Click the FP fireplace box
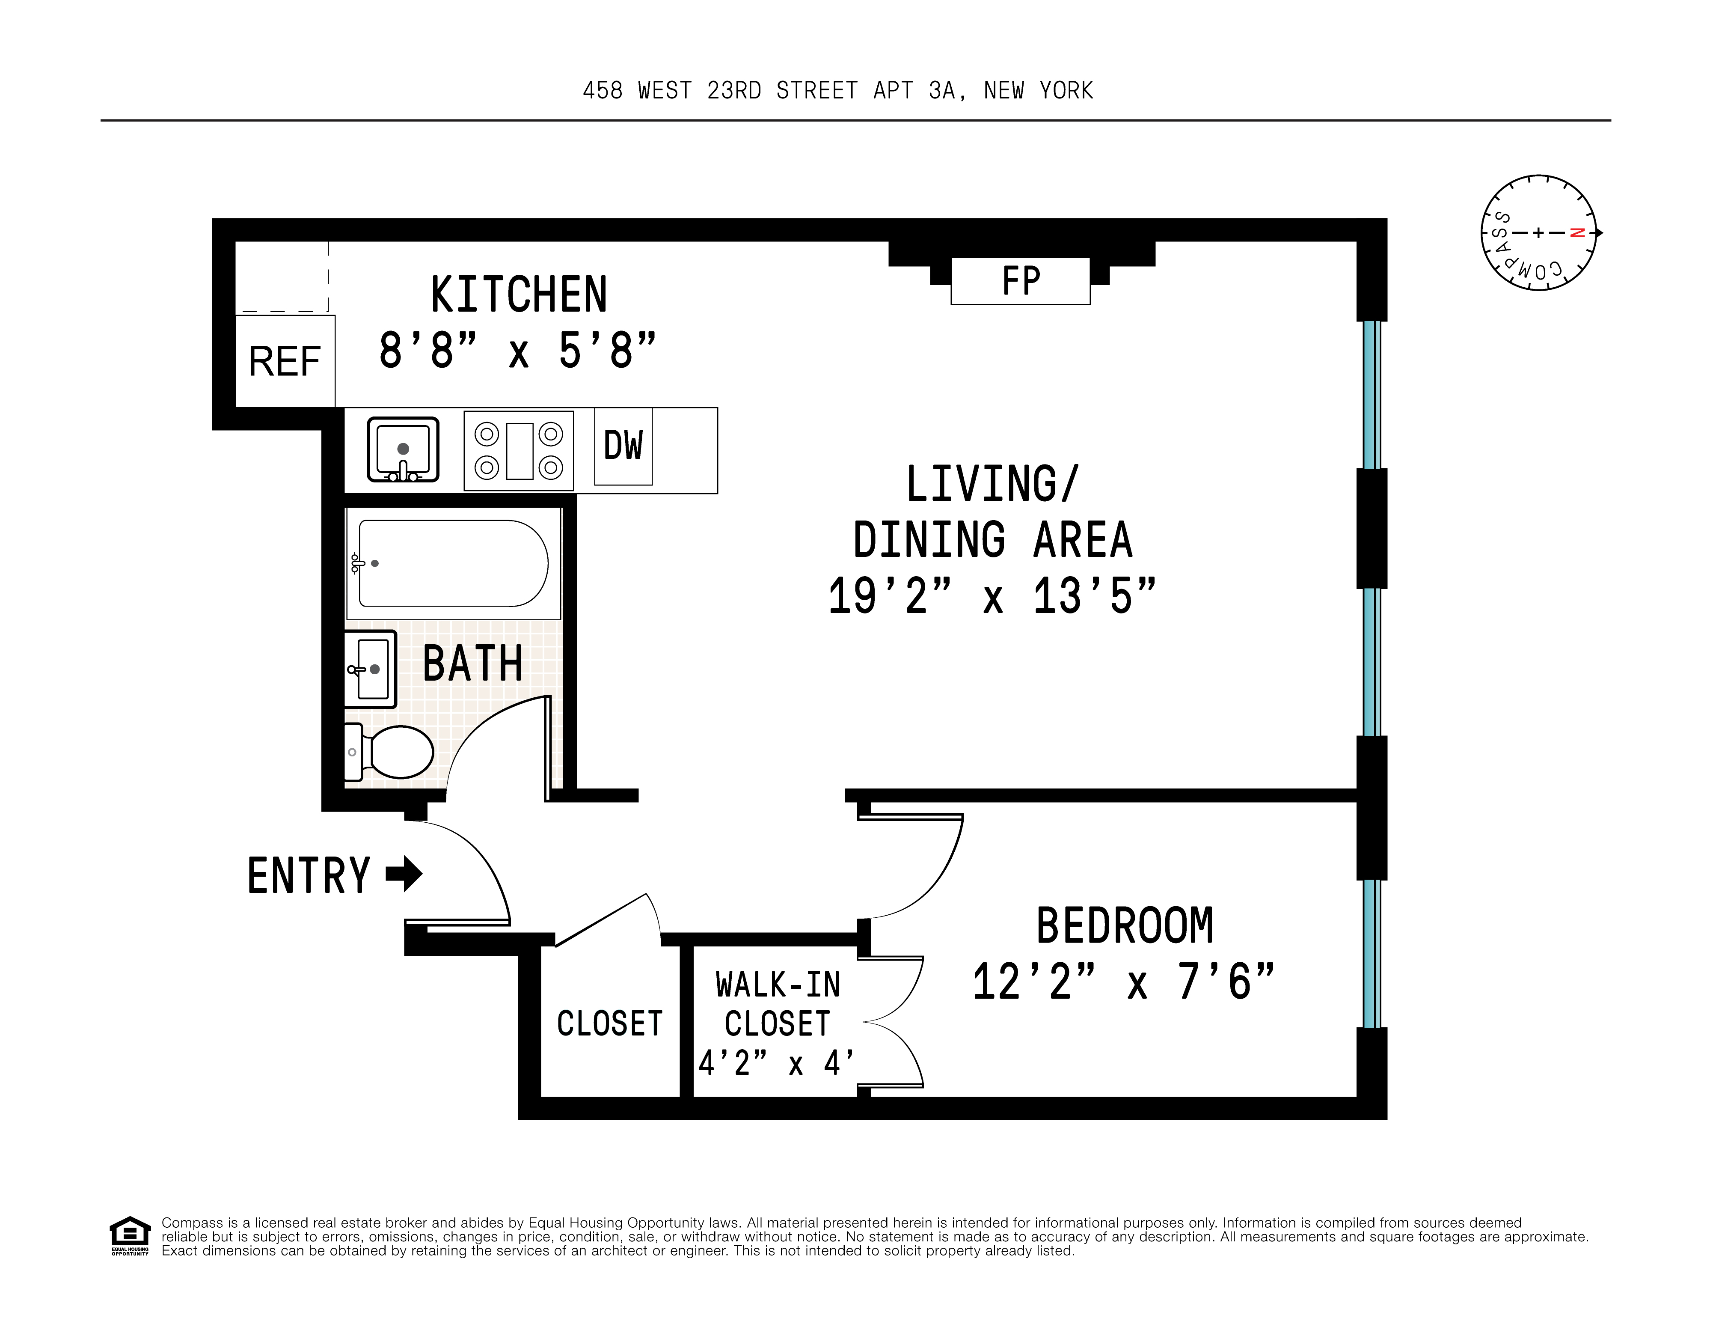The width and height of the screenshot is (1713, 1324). click(x=1020, y=281)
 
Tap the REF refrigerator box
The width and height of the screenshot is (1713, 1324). click(x=285, y=362)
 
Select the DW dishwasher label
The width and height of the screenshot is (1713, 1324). click(x=623, y=446)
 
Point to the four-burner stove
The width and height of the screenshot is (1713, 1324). click(x=519, y=451)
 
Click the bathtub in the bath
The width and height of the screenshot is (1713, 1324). click(x=453, y=563)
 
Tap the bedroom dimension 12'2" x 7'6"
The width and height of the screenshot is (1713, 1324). click(x=1123, y=982)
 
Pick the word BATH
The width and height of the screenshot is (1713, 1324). click(x=472, y=663)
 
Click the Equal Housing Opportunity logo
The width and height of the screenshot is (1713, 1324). click(x=129, y=1235)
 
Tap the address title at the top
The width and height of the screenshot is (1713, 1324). click(x=838, y=91)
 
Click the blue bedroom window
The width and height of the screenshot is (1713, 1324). click(x=1371, y=953)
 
